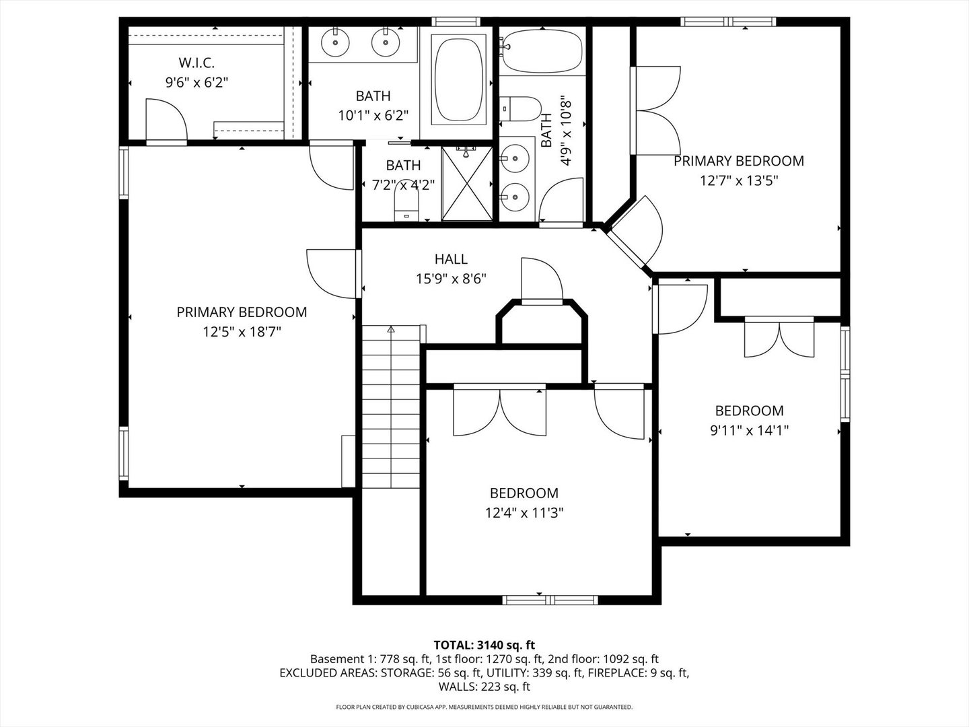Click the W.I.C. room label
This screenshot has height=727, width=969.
196,63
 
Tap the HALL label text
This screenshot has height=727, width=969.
450,259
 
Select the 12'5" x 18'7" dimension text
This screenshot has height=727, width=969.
242,332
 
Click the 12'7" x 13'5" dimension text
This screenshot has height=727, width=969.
738,180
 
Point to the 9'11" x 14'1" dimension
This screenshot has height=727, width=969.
749,430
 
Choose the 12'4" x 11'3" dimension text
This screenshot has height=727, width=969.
524,513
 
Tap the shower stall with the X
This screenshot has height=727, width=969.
468,183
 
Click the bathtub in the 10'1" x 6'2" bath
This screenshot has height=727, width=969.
460,79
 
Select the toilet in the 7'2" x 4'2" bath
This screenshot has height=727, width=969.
405,205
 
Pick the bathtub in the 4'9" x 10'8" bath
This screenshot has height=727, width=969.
541,51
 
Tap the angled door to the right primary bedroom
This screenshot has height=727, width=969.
636,232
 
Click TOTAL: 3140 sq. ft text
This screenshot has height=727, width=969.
484,645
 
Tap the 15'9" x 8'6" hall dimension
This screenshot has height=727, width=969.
450,278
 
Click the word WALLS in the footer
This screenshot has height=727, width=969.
456,687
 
